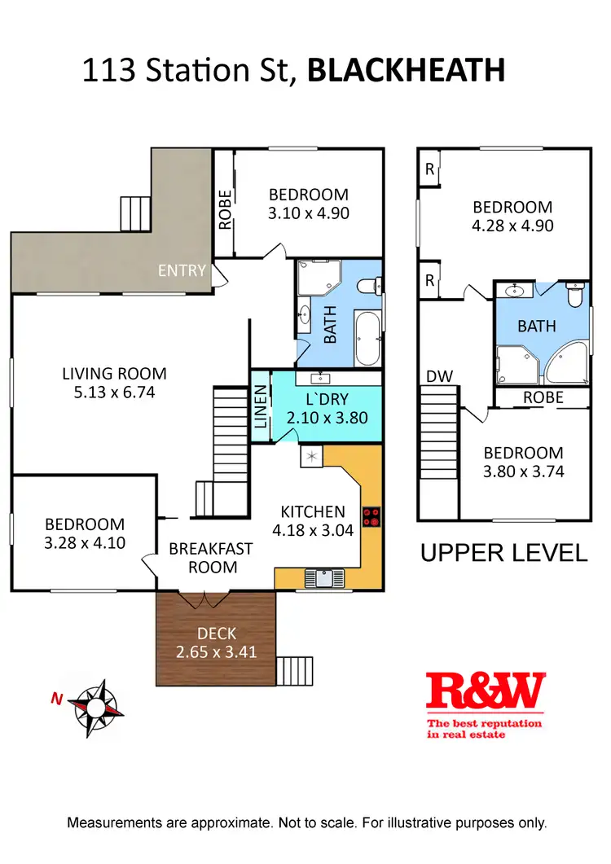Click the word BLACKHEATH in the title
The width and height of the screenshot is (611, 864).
click(407, 71)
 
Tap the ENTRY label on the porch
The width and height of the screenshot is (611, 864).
click(182, 270)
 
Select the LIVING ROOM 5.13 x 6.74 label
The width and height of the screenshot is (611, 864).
click(114, 383)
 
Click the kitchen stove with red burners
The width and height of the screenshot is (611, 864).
click(371, 515)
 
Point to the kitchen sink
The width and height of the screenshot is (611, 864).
click(324, 577)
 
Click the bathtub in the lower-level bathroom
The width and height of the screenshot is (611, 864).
click(368, 339)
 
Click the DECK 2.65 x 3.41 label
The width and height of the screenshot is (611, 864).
click(216, 642)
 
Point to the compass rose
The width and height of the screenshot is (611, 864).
click(95, 700)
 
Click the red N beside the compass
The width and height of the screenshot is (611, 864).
click(56, 697)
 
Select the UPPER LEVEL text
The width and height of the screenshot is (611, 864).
click(503, 553)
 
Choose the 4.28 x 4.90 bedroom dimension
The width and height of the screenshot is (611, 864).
click(512, 226)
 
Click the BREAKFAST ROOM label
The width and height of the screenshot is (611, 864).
click(211, 558)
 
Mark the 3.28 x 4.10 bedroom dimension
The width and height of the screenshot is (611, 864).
click(85, 542)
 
